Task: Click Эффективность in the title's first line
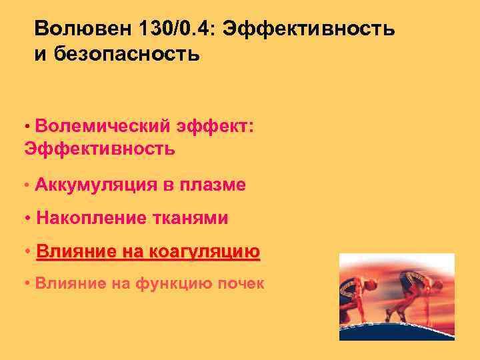pyautogui.click(x=310, y=30)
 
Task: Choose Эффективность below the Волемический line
pyautogui.click(x=99, y=148)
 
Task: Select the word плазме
pyautogui.click(x=213, y=185)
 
